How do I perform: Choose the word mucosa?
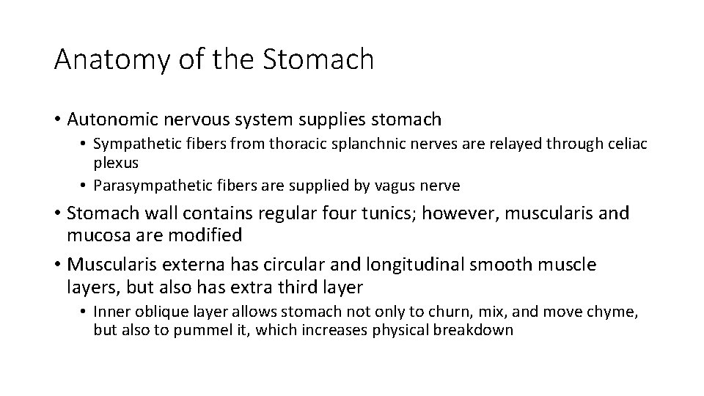(99, 235)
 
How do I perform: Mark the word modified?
(208, 235)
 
